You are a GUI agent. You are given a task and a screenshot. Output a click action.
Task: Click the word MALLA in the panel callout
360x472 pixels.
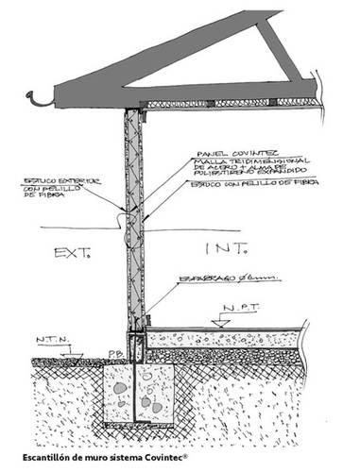[x=207, y=160]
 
